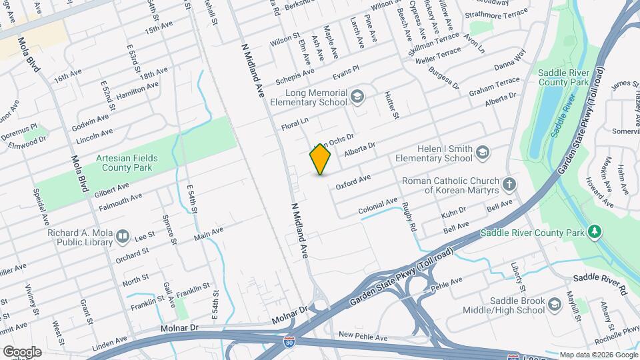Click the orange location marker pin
click(321, 159)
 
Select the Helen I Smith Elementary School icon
click(481, 153)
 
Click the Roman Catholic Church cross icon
click(509, 184)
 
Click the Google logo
click(22, 351)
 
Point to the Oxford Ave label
click(353, 181)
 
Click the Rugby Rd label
click(411, 217)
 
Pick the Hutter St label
click(391, 106)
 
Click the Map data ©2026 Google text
click(599, 355)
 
